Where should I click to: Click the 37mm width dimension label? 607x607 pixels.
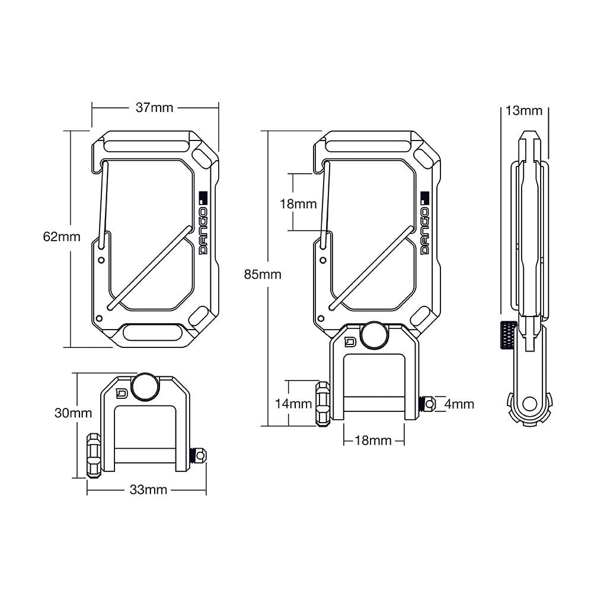(154, 108)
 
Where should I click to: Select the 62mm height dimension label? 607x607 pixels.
(61, 237)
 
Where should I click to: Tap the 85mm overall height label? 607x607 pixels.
(263, 274)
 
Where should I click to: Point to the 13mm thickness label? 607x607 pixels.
(523, 111)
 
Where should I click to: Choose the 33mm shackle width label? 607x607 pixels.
(148, 490)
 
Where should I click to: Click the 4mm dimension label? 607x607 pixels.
(459, 404)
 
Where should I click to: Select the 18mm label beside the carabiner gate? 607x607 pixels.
(298, 203)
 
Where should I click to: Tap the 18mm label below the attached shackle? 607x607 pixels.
(373, 440)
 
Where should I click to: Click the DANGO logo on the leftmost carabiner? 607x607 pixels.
(203, 225)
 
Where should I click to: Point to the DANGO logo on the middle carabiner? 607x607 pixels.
(424, 225)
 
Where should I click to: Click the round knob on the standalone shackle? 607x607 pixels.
(145, 386)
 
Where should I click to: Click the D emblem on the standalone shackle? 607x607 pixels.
(123, 392)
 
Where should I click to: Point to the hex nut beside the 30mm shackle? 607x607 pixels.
(94, 455)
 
